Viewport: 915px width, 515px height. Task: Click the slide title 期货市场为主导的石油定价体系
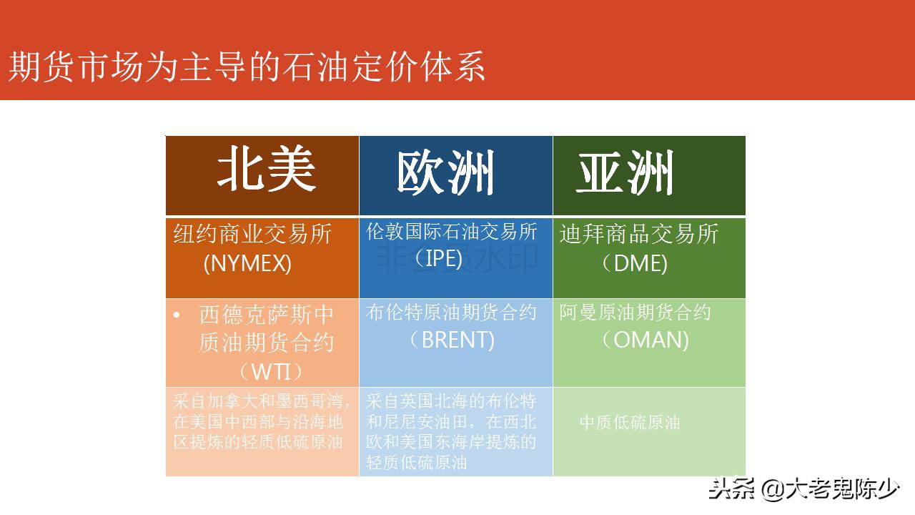click(x=247, y=67)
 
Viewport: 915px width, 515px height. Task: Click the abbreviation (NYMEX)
click(x=247, y=264)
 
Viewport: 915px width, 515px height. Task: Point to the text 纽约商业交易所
click(x=252, y=234)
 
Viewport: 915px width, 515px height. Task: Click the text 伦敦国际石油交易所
click(x=452, y=232)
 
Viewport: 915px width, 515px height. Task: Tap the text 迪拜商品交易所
click(x=639, y=234)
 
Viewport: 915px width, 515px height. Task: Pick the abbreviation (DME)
click(x=634, y=264)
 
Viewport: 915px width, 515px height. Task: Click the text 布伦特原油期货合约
click(x=451, y=313)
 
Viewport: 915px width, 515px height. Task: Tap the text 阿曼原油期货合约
click(x=635, y=313)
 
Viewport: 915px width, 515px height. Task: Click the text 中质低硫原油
click(x=629, y=423)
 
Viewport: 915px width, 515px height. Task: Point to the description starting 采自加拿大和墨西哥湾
click(x=260, y=421)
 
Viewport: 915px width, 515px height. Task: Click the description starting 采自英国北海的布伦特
click(x=451, y=431)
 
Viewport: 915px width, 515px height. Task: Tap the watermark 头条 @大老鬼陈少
click(x=803, y=489)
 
